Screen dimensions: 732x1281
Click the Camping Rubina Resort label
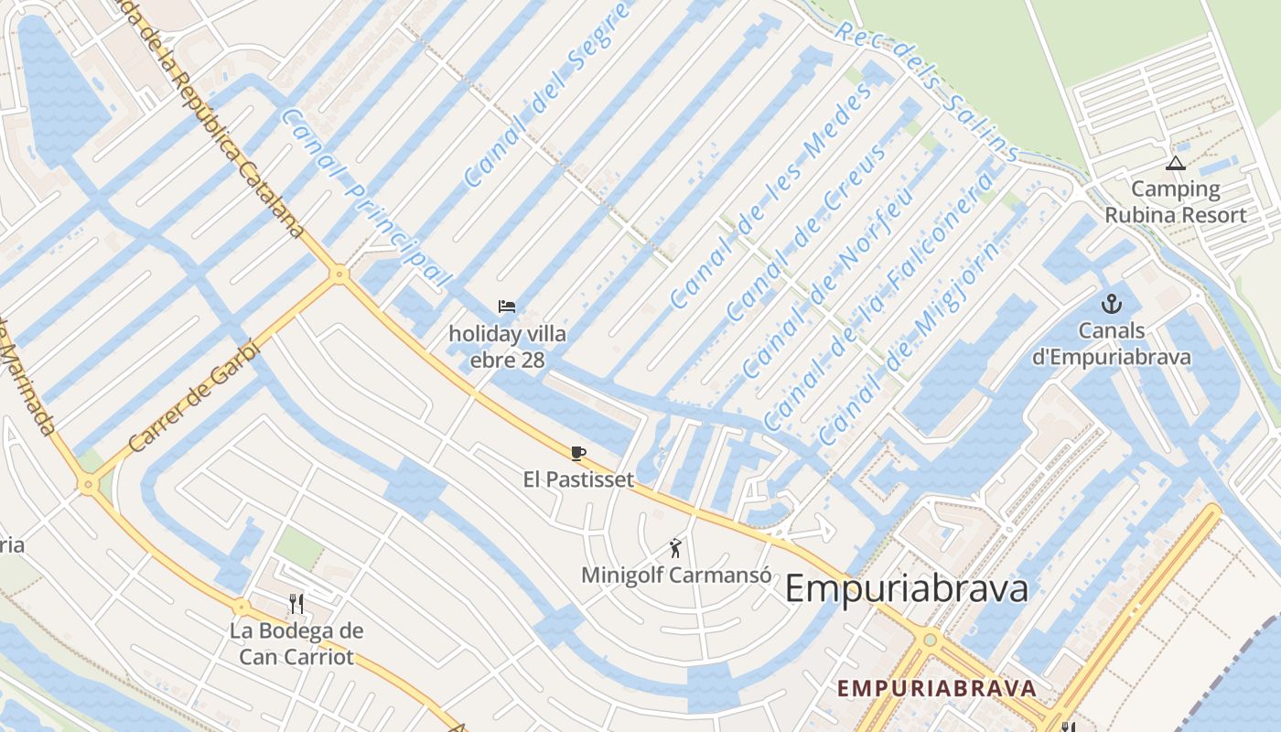pyautogui.click(x=1175, y=202)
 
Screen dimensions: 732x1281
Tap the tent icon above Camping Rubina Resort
pyautogui.click(x=1176, y=164)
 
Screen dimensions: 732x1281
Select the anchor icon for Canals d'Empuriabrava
pyautogui.click(x=1112, y=304)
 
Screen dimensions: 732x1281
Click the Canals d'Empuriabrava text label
pyautogui.click(x=1112, y=344)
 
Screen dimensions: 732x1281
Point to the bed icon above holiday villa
pyautogui.click(x=507, y=306)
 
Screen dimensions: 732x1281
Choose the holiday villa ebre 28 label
pyautogui.click(x=507, y=347)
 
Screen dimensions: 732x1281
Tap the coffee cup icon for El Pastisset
pyautogui.click(x=577, y=453)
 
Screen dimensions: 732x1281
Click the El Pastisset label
pyautogui.click(x=578, y=479)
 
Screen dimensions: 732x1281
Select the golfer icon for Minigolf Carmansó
pyautogui.click(x=676, y=548)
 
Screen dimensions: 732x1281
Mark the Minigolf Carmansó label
pyautogui.click(x=676, y=576)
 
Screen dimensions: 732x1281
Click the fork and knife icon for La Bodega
pyautogui.click(x=296, y=603)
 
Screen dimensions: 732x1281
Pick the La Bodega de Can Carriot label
pyautogui.click(x=296, y=643)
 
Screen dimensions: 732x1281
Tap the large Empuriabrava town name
pyautogui.click(x=906, y=588)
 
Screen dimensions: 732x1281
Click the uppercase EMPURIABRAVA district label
pyautogui.click(x=937, y=688)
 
